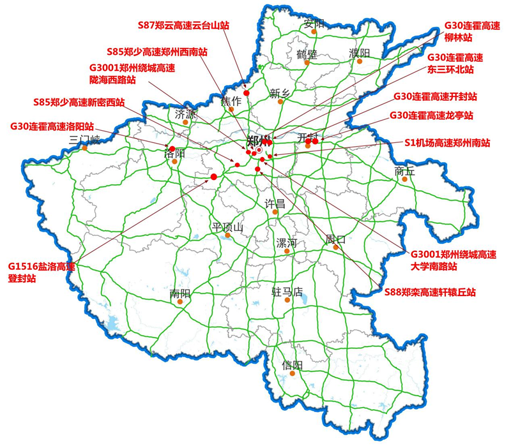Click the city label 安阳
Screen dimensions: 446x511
[x=314, y=24]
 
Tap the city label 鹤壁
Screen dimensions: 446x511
[x=307, y=54]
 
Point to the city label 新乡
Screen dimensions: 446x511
[x=280, y=94]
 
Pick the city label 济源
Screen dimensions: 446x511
[x=186, y=115]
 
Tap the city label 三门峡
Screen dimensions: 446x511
[x=84, y=140]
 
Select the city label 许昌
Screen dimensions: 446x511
[x=275, y=204]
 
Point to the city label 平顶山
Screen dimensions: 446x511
[x=228, y=228]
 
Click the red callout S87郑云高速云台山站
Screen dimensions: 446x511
[x=183, y=26]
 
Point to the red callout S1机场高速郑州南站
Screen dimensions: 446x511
[x=447, y=144]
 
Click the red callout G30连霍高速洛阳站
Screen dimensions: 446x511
[x=52, y=126]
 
